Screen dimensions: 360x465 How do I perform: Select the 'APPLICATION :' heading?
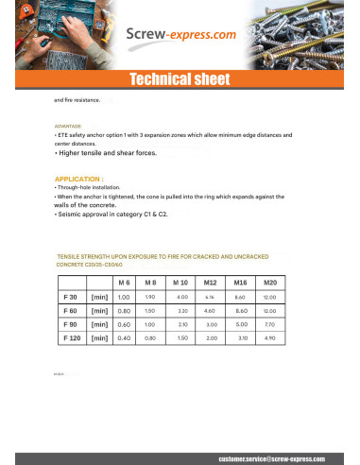tap(79, 178)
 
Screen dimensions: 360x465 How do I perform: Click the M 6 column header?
tap(123, 283)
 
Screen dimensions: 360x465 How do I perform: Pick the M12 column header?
tap(211, 283)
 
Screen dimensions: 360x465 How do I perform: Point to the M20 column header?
tap(269, 283)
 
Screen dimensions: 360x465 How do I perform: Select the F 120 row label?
tap(69, 336)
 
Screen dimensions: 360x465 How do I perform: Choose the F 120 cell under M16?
tap(241, 336)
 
